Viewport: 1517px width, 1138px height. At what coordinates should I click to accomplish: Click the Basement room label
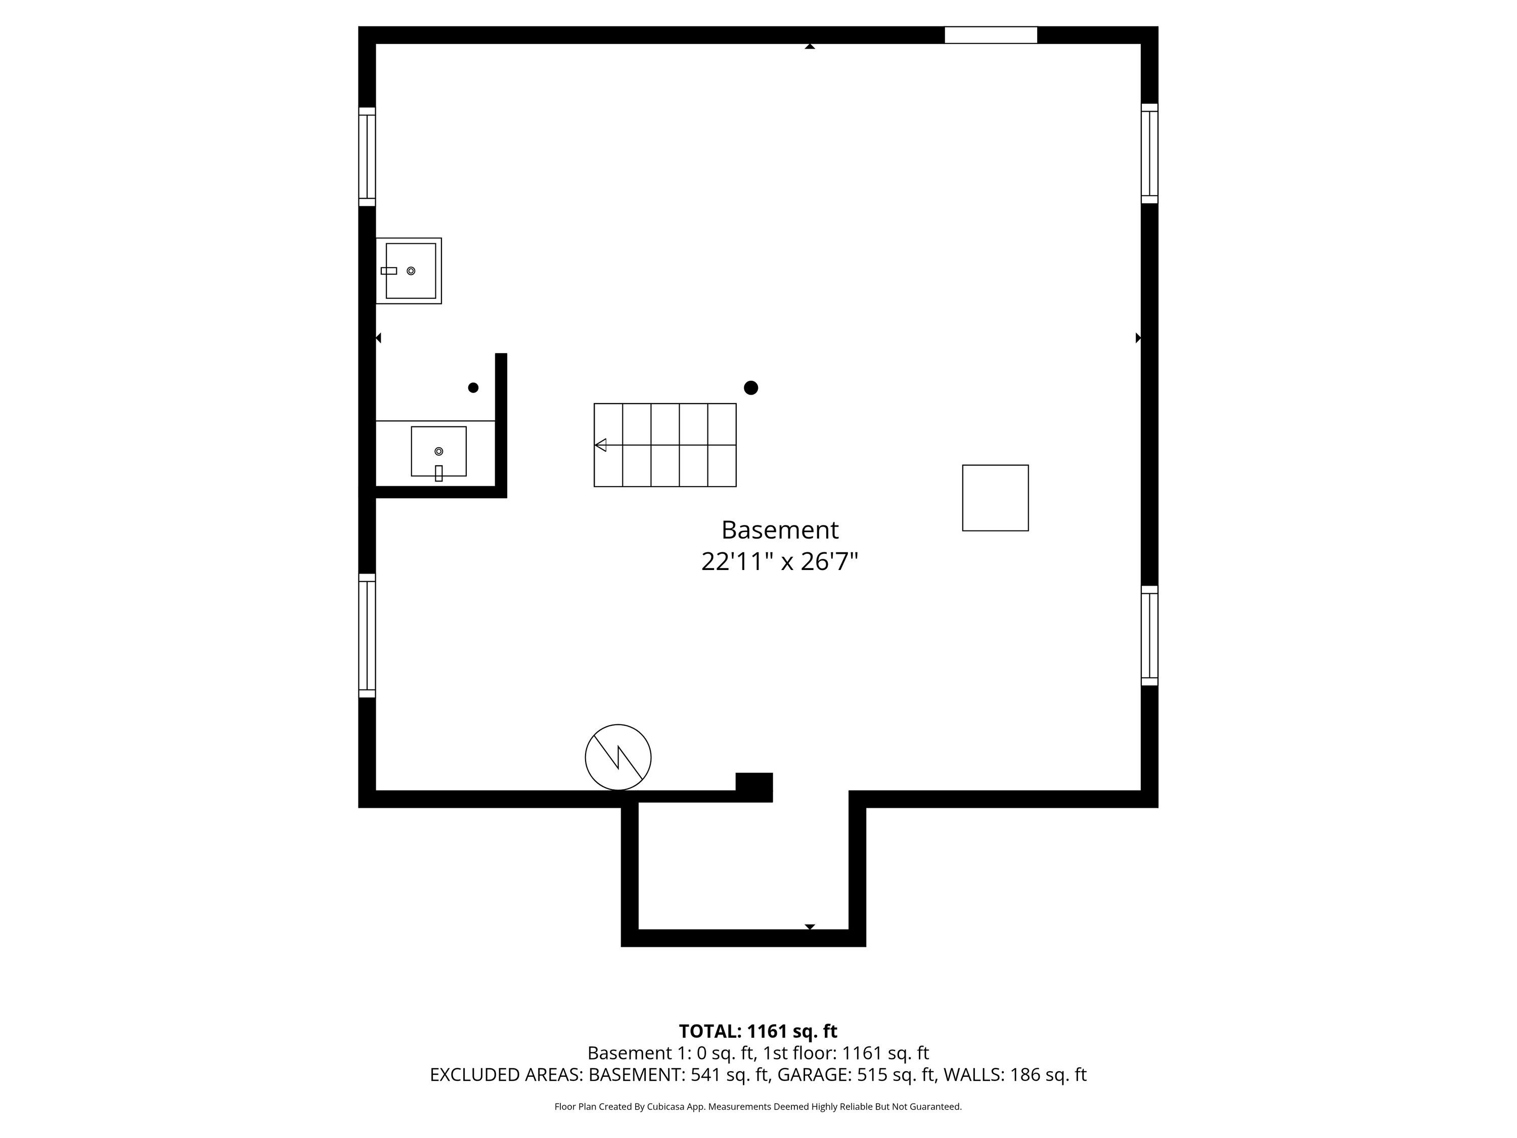[x=780, y=530]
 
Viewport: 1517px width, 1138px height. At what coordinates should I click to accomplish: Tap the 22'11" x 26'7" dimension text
[x=780, y=562]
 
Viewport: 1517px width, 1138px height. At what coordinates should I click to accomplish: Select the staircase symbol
[x=664, y=445]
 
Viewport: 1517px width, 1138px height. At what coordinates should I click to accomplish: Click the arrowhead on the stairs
[x=600, y=445]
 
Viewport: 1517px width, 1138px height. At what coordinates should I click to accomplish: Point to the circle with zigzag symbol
[x=618, y=757]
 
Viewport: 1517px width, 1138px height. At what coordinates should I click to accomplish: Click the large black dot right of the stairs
[x=751, y=387]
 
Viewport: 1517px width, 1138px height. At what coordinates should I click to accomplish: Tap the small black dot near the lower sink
[x=473, y=387]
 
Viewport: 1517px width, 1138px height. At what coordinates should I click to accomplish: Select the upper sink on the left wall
[x=409, y=271]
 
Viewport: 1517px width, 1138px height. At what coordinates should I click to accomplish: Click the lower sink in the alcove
[x=439, y=452]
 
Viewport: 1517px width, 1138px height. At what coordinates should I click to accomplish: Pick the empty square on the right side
[x=995, y=498]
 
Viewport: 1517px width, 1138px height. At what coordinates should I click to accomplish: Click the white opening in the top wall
[x=991, y=35]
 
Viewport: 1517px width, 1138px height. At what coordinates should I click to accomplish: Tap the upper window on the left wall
[x=367, y=156]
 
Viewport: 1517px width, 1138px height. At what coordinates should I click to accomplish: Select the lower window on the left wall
[x=367, y=636]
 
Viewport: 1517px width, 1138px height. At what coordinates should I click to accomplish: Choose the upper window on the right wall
[x=1149, y=154]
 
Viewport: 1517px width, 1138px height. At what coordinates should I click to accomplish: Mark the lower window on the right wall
[x=1149, y=636]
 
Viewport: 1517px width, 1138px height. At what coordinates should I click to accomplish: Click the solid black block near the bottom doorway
[x=754, y=787]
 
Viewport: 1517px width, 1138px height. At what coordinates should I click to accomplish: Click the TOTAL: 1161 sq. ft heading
[x=758, y=1031]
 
